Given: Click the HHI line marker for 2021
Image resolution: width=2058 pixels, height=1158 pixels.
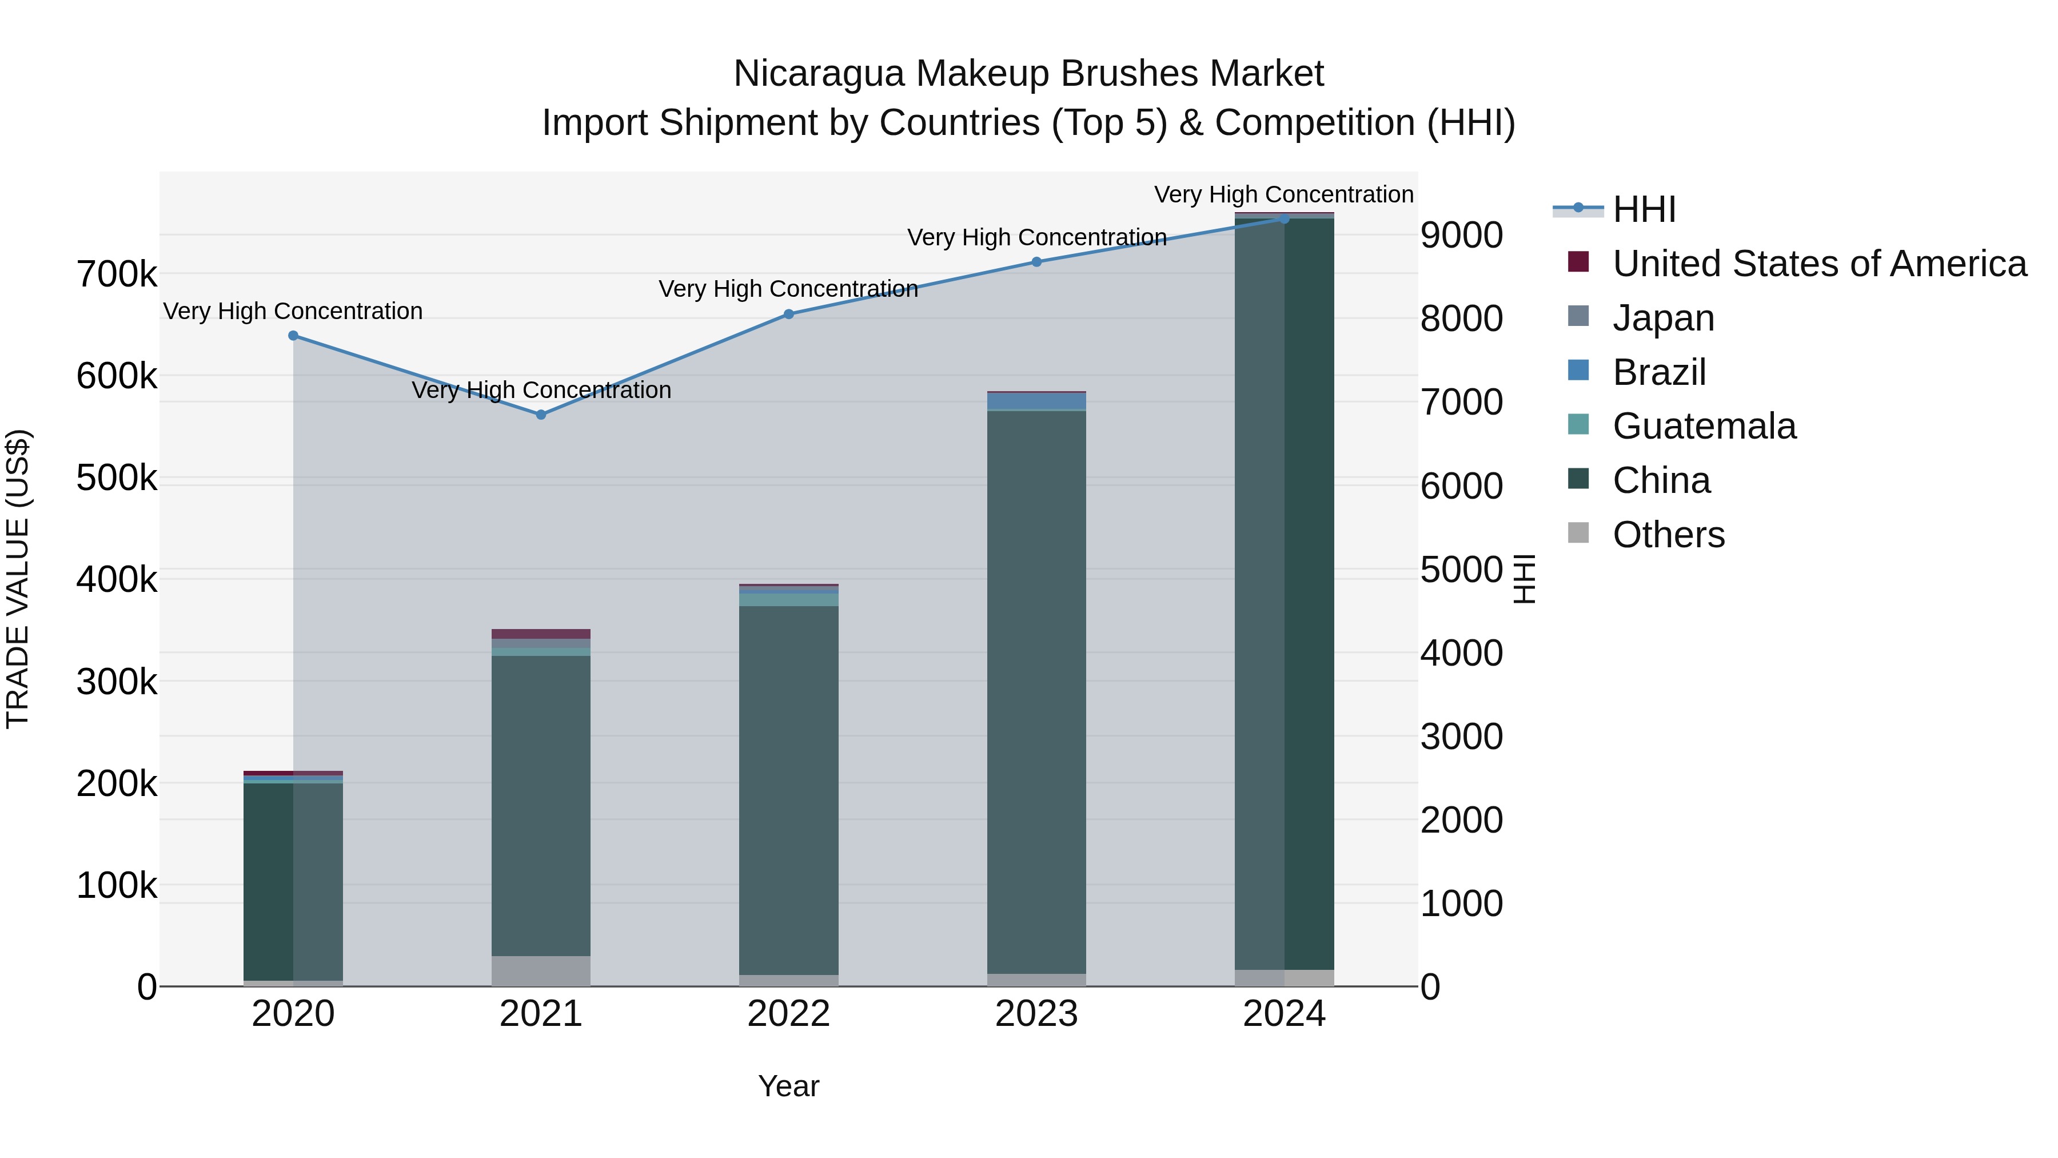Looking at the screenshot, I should click(x=541, y=415).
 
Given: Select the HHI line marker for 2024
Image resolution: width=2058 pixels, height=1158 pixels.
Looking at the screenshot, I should click(x=1284, y=219).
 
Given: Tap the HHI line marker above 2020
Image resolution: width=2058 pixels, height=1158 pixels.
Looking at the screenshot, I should click(x=293, y=336).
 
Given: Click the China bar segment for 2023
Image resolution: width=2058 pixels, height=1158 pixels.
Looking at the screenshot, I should click(x=1036, y=691).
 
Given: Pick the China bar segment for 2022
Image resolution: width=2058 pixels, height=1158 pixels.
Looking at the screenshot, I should click(x=788, y=790).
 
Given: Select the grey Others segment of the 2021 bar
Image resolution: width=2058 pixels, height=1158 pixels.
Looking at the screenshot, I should click(x=541, y=970).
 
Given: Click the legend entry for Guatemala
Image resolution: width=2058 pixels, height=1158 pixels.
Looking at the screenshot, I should click(x=1704, y=426).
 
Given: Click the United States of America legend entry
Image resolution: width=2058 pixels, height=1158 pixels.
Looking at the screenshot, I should click(x=1819, y=264).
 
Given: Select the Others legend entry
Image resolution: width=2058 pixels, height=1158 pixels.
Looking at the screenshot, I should click(x=1668, y=535).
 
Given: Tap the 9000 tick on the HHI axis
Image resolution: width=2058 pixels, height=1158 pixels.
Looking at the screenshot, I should click(x=1461, y=236).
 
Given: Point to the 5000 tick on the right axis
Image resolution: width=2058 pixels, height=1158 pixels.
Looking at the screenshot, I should click(x=1461, y=570).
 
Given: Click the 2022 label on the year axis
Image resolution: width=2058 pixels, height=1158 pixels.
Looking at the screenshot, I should click(x=788, y=1014).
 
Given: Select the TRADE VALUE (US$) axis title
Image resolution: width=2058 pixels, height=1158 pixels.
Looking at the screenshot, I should click(x=18, y=579).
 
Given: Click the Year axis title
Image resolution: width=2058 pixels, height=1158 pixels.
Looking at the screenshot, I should click(x=788, y=1086).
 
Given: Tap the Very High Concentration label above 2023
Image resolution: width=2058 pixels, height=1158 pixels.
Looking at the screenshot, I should click(x=1036, y=237).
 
